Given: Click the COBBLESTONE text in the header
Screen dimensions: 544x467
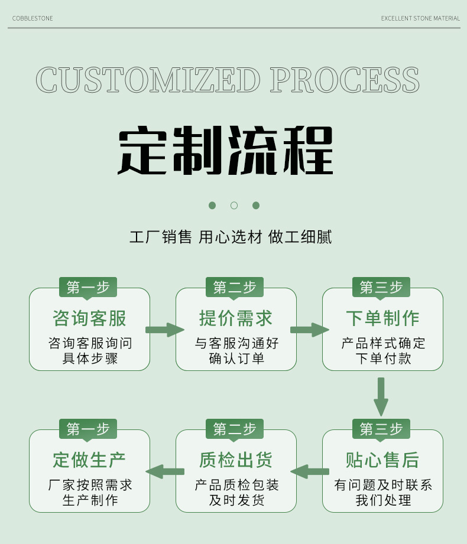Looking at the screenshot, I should [x=33, y=19].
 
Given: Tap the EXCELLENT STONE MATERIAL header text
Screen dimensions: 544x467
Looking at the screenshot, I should [x=420, y=19].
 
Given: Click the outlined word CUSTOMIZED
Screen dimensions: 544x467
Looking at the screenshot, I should [x=148, y=80].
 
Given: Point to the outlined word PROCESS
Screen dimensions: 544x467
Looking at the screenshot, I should [x=345, y=80].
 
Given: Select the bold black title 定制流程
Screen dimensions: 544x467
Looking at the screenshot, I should [x=226, y=150].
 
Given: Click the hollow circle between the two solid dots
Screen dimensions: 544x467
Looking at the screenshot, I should [x=234, y=206].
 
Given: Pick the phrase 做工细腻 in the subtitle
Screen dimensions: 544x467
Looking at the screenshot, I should [x=300, y=237].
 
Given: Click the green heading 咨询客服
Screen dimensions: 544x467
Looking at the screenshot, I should [x=89, y=318].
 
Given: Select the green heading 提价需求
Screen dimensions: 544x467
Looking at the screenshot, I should [x=236, y=318].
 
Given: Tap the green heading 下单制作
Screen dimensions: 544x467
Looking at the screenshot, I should [x=382, y=318].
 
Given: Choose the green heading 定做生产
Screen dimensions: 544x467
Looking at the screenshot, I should [x=89, y=460].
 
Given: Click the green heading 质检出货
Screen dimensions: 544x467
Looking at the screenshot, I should [x=236, y=460].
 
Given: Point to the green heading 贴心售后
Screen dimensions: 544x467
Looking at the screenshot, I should [x=382, y=460].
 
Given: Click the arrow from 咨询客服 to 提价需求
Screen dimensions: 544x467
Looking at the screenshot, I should [x=164, y=330].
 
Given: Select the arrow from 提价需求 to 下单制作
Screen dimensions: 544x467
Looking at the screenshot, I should [x=309, y=330].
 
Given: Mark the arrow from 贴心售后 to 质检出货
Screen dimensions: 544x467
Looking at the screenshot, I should [x=310, y=471].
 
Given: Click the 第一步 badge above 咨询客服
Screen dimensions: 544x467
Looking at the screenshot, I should [x=88, y=288].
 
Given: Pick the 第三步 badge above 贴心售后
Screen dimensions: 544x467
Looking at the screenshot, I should [x=381, y=429].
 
